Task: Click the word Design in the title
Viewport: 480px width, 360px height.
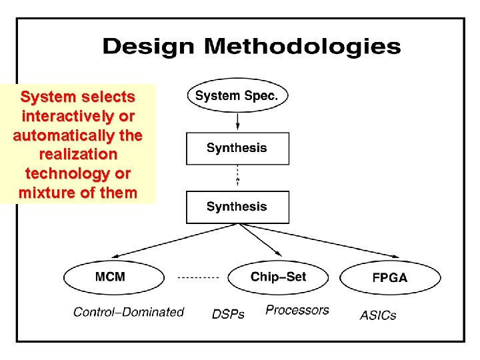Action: [149, 47]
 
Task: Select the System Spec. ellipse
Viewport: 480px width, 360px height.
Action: [237, 95]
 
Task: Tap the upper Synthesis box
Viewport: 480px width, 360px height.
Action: [237, 148]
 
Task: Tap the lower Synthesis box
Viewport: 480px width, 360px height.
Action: [237, 207]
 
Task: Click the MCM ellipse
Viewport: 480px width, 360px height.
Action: [111, 277]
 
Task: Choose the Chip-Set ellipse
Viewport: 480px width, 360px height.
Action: [279, 277]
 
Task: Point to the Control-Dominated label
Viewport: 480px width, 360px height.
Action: [128, 311]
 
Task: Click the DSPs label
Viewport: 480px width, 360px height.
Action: [228, 313]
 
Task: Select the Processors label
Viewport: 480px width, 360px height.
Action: [297, 310]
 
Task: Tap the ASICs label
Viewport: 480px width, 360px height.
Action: [378, 314]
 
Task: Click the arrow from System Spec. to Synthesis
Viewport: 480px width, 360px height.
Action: [237, 121]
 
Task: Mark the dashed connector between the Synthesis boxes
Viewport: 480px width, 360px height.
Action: [237, 177]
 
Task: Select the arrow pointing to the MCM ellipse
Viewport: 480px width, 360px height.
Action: [167, 243]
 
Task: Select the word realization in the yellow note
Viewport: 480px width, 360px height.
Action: [78, 155]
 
